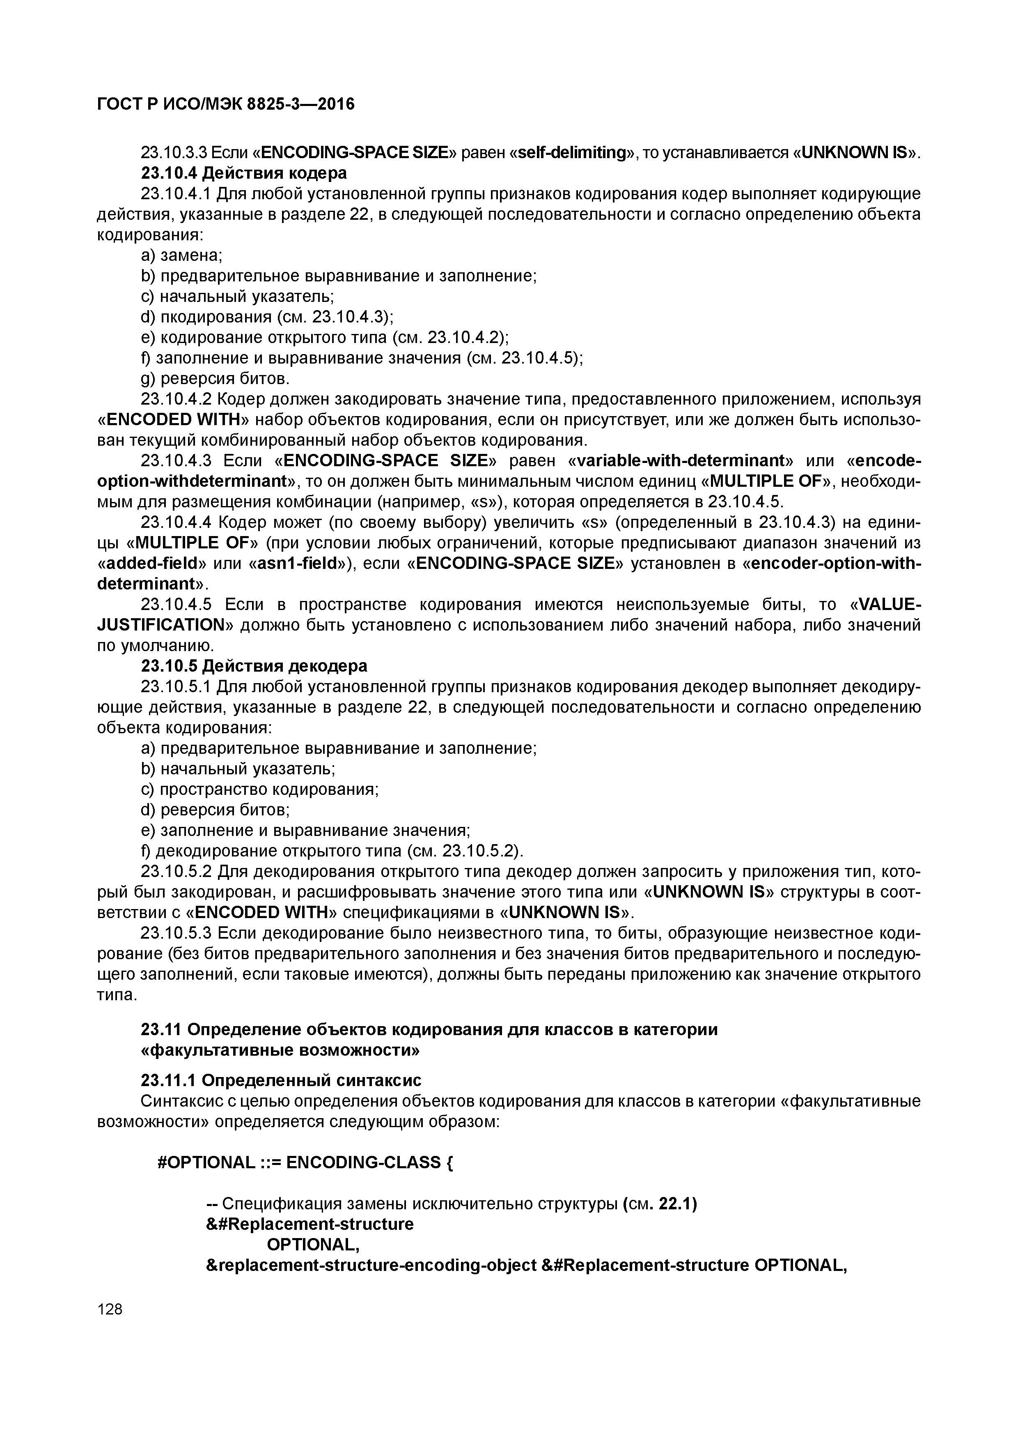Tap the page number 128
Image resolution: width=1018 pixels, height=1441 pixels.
click(x=110, y=1309)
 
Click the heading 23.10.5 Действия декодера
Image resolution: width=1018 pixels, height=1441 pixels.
click(x=254, y=665)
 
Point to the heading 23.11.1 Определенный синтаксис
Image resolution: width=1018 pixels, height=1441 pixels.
click(x=281, y=1080)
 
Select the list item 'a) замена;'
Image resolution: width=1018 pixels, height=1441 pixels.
click(x=181, y=256)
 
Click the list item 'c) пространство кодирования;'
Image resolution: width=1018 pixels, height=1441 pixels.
click(x=260, y=789)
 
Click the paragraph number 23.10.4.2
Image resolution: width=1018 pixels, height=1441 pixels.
click(x=176, y=399)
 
